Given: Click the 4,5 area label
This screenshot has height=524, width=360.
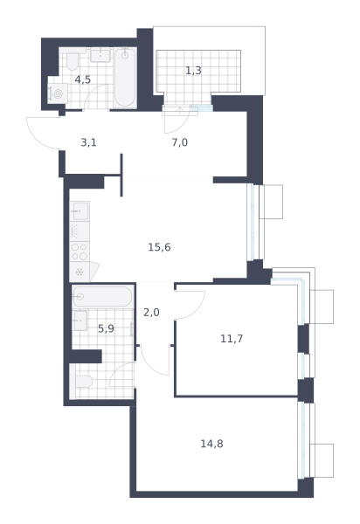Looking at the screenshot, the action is click(82, 79).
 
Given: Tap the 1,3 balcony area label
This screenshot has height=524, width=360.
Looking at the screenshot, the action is click(193, 71).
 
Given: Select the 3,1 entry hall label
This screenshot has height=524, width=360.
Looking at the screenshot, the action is click(88, 142).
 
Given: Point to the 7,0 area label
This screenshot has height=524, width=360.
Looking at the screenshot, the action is click(179, 142).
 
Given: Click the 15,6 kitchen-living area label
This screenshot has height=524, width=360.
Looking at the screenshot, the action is click(159, 247).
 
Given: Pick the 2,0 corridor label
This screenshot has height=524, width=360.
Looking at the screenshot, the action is click(151, 313).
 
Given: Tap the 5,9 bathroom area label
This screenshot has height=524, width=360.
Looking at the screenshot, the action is click(106, 329).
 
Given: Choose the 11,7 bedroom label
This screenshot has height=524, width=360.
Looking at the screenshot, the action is click(232, 339).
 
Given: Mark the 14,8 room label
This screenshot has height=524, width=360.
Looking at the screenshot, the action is click(211, 444).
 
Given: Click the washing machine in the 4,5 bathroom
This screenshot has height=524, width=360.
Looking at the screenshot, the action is click(58, 93).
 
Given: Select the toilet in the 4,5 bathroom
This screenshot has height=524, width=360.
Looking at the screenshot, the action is click(73, 61).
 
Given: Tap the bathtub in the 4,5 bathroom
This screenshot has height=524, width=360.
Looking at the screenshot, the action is click(125, 78).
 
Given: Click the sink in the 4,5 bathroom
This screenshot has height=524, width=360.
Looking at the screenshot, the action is click(100, 55).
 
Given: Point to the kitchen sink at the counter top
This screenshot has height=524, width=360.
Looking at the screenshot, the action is click(80, 211).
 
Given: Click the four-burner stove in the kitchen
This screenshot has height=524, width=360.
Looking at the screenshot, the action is click(80, 252).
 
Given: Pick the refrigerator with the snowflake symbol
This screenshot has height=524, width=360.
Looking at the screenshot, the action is click(80, 272).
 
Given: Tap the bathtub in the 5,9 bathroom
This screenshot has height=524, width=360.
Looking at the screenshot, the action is click(102, 296).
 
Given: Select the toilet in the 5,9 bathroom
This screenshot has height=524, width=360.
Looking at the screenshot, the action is click(84, 381).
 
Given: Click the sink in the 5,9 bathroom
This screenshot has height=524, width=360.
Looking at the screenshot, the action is click(80, 321).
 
